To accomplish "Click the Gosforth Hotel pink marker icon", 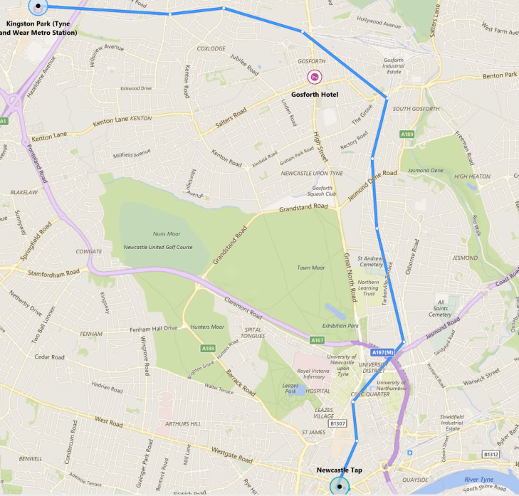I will [x=314, y=77].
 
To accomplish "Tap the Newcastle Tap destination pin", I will [x=340, y=487].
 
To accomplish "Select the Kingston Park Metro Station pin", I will [x=37, y=6].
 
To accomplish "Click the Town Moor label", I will [x=310, y=268].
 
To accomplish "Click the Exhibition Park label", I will [x=340, y=325].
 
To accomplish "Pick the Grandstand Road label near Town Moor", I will [x=304, y=208].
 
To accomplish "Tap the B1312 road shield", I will [x=491, y=454].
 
